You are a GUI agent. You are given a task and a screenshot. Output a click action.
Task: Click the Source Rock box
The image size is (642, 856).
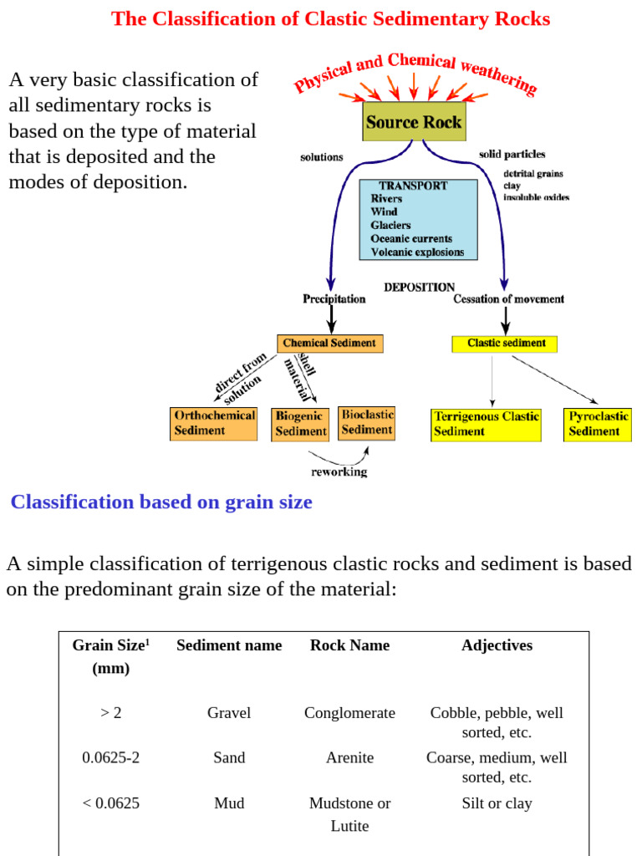[x=413, y=121]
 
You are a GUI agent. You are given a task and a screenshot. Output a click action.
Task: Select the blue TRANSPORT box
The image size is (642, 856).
[x=418, y=219]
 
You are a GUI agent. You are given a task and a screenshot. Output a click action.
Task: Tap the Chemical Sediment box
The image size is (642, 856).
[x=330, y=344]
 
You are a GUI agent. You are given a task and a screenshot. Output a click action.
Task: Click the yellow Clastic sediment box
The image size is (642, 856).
[x=504, y=344]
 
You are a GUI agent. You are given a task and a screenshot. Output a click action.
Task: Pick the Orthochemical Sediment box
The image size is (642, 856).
[x=213, y=423]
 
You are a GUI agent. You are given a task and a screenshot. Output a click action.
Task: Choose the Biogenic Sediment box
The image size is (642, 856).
[x=300, y=424]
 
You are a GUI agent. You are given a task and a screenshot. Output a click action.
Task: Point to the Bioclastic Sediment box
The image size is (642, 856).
[x=367, y=422]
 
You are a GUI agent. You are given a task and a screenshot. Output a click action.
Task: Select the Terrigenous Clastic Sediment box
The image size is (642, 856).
[x=486, y=424]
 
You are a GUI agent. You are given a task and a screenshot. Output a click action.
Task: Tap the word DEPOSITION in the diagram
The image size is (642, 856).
[x=420, y=288]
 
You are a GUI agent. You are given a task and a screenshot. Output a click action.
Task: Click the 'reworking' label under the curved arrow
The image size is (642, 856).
[x=339, y=471]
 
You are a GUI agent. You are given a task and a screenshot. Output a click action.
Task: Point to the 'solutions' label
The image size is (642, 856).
[x=322, y=157]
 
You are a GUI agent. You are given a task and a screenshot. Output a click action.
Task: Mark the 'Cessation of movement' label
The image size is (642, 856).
[x=508, y=299]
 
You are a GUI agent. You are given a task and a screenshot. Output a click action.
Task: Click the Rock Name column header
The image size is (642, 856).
[x=349, y=645]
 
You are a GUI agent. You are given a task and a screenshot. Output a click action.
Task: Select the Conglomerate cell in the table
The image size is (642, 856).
[x=349, y=713]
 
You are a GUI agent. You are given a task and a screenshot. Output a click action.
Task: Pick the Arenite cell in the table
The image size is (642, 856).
[x=349, y=757]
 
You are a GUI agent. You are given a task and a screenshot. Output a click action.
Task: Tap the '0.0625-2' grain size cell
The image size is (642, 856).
[x=110, y=757]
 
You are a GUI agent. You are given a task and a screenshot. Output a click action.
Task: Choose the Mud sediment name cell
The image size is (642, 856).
[x=229, y=803]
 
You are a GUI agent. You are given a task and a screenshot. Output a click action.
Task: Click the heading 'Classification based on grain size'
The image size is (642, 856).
[x=161, y=502]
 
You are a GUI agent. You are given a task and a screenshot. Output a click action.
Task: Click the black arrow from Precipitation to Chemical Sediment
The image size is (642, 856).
[x=332, y=319]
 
